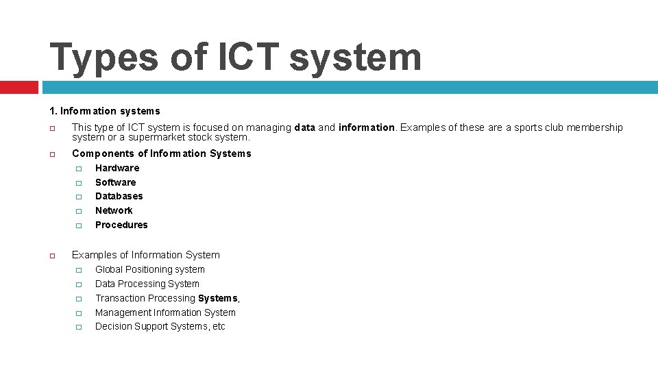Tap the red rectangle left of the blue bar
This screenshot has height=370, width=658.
coord(19,87)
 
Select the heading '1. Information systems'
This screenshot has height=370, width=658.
coord(104,111)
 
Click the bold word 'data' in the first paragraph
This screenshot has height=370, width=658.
coord(305,127)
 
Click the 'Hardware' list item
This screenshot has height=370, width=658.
coord(117,168)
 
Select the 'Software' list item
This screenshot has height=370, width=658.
coord(115,182)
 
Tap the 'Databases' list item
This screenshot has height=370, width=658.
coord(119,196)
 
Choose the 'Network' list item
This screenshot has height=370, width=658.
coord(114,210)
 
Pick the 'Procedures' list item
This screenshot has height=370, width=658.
coord(121,225)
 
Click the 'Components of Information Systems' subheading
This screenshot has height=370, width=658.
coord(161,153)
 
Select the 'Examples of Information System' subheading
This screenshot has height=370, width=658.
coord(145,255)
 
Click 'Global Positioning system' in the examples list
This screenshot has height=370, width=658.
coord(149,270)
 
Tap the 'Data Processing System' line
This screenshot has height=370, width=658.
coord(147,284)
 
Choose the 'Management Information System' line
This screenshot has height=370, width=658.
coord(165,312)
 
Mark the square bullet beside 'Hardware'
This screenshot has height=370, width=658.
coord(78,169)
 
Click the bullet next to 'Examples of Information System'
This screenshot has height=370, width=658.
coord(51,256)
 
